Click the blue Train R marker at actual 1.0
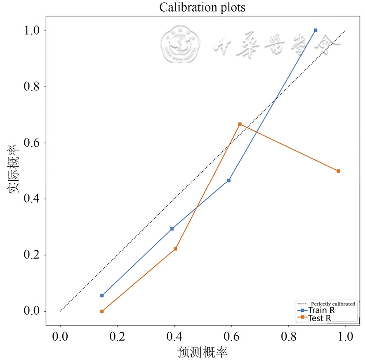(x=316, y=30)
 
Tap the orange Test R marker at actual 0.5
(x=338, y=171)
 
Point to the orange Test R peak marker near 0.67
(x=240, y=124)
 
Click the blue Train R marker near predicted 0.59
(x=228, y=180)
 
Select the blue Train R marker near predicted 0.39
(x=172, y=229)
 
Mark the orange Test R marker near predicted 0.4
(x=175, y=249)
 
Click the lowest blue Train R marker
(x=102, y=295)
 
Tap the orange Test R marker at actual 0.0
(x=102, y=311)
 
